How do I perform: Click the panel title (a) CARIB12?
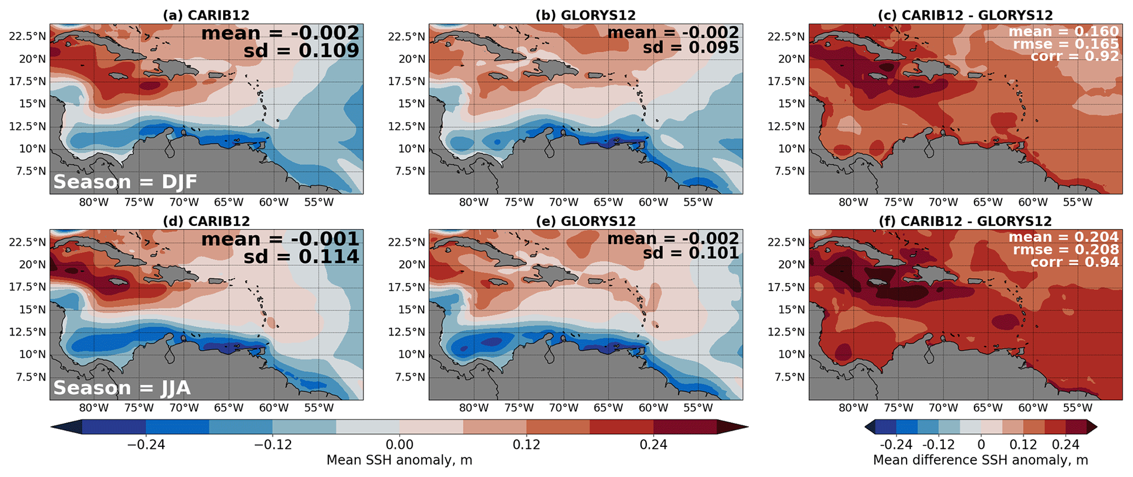pos(206,15)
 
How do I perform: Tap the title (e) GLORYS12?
pos(585,222)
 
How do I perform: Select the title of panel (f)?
pos(965,222)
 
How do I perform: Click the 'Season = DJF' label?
pos(125,182)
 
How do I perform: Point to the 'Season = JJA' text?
pos(122,388)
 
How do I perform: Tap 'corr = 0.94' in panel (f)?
pos(1074,262)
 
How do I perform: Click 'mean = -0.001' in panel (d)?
pos(280,239)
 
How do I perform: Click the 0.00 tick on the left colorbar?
pos(399,445)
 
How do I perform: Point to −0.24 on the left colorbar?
pos(146,445)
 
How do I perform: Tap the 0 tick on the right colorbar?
pos(981,445)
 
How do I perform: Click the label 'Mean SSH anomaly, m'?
pos(399,460)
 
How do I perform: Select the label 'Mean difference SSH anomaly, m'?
pos(980,460)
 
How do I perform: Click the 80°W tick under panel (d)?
pos(94,408)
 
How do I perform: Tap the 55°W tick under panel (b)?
pos(698,202)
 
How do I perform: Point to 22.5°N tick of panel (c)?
pos(786,37)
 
